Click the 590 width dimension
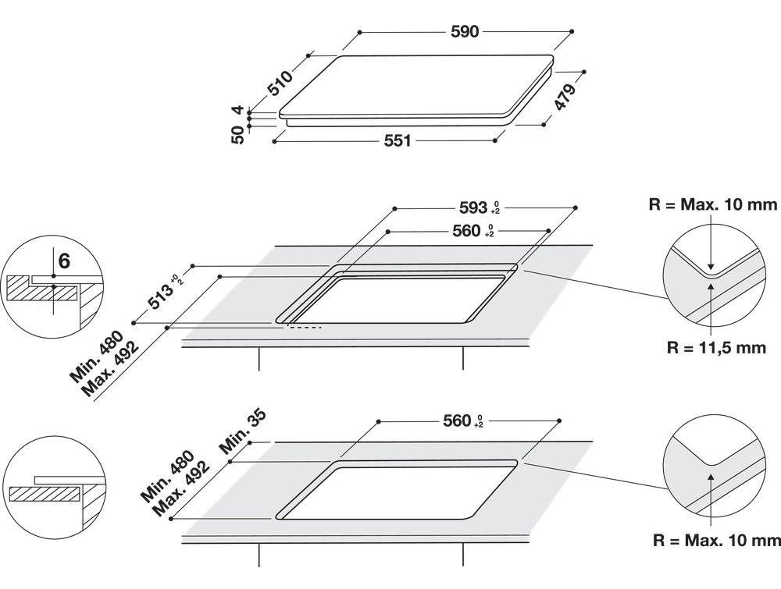tap(464, 31)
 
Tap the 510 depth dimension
tap(280, 83)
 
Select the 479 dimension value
tap(565, 97)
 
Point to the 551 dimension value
tap(398, 140)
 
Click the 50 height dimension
tap(238, 134)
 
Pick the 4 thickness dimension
tap(238, 109)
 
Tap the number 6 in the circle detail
tap(64, 261)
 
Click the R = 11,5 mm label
tap(716, 347)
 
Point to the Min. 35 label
tap(243, 431)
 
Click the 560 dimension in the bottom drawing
tap(463, 420)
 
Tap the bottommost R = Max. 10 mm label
tap(717, 541)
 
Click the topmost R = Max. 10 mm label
tap(713, 204)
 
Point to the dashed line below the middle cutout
tap(303, 328)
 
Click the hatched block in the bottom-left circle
tap(45, 494)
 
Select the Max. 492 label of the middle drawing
tap(112, 369)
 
